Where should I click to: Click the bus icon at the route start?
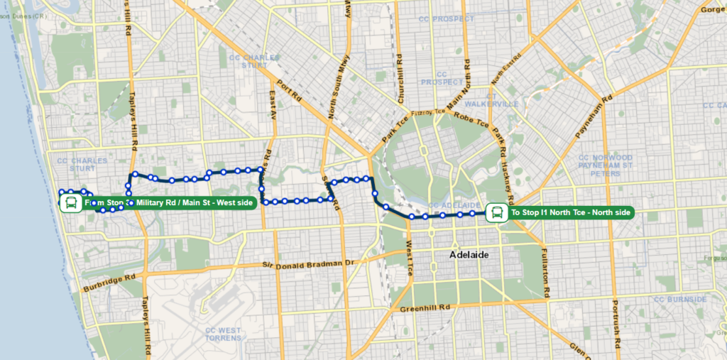70,204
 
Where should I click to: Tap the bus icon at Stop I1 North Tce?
497,212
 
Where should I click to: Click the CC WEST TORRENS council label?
223,334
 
